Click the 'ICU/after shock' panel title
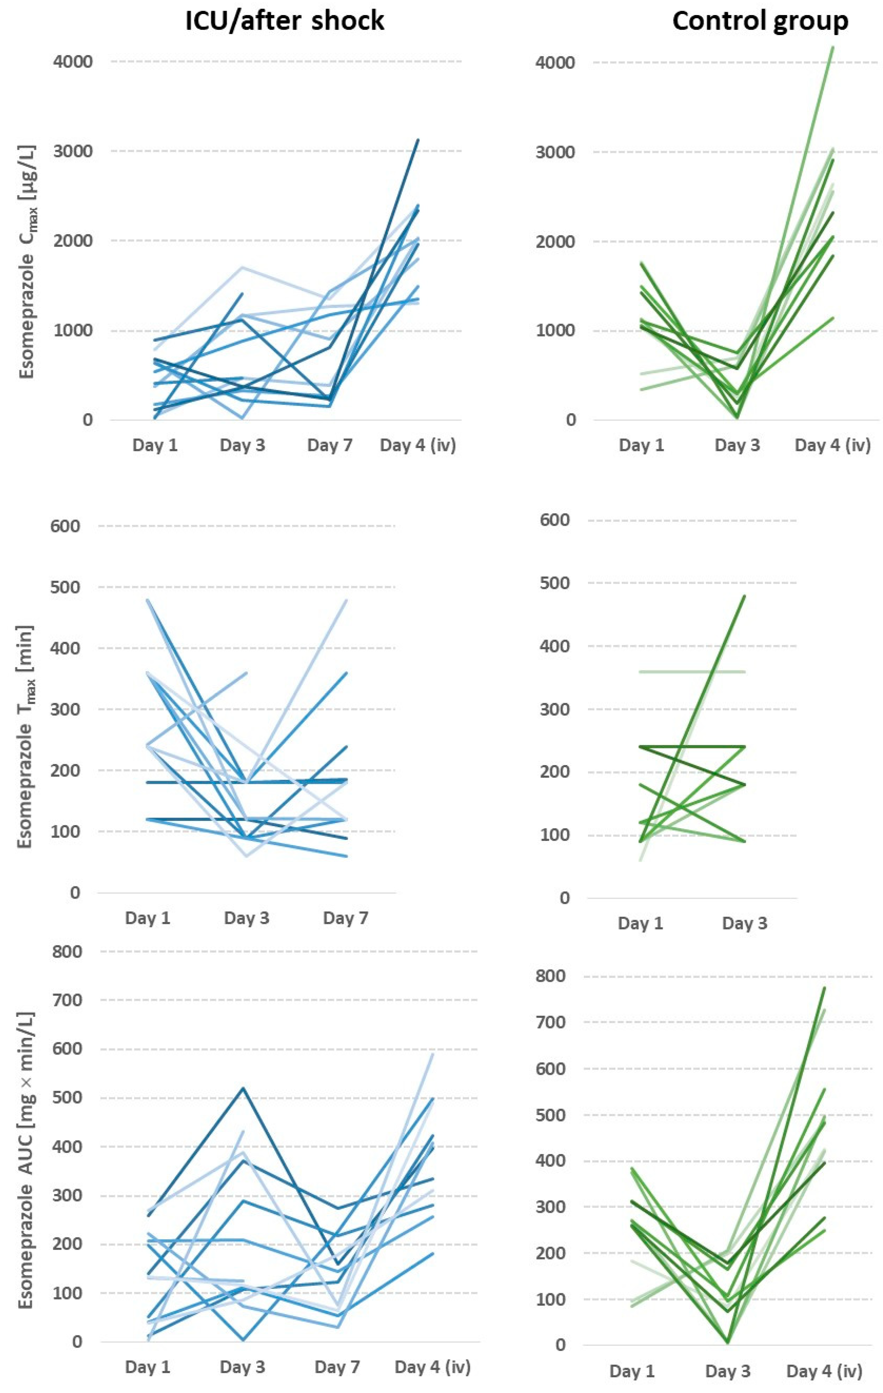[x=285, y=21]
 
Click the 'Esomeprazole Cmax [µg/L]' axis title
[x=27, y=261]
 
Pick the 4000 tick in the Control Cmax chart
[x=555, y=62]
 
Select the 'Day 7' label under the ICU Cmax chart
[x=330, y=445]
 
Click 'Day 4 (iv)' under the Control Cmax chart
[x=832, y=445]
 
